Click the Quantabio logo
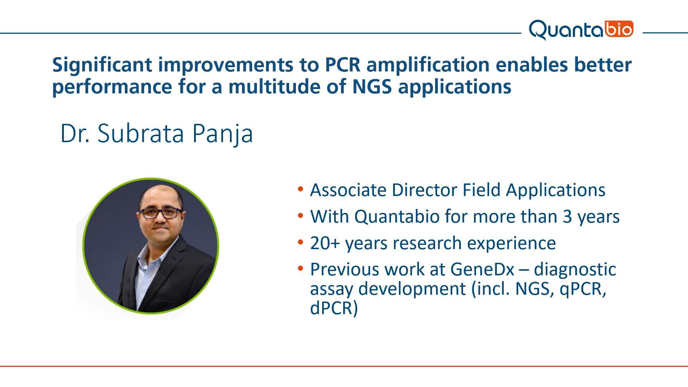pos(581,30)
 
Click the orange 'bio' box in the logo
pos(620,29)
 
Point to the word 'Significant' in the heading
pos(103,66)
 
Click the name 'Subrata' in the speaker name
pos(141,133)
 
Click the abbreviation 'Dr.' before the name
pos(75,134)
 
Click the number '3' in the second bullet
pos(567,217)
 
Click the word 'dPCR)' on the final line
pos(334,308)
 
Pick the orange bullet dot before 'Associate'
pos(301,189)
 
